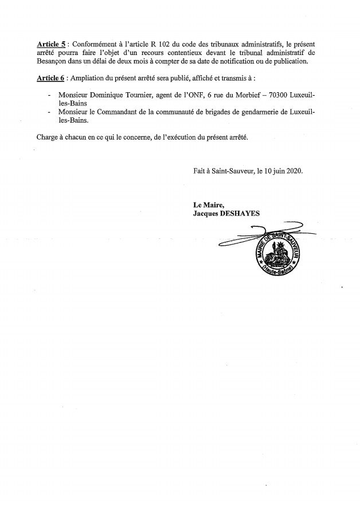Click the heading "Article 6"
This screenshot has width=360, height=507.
pos(51,78)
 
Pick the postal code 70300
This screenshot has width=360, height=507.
pos(291,96)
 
